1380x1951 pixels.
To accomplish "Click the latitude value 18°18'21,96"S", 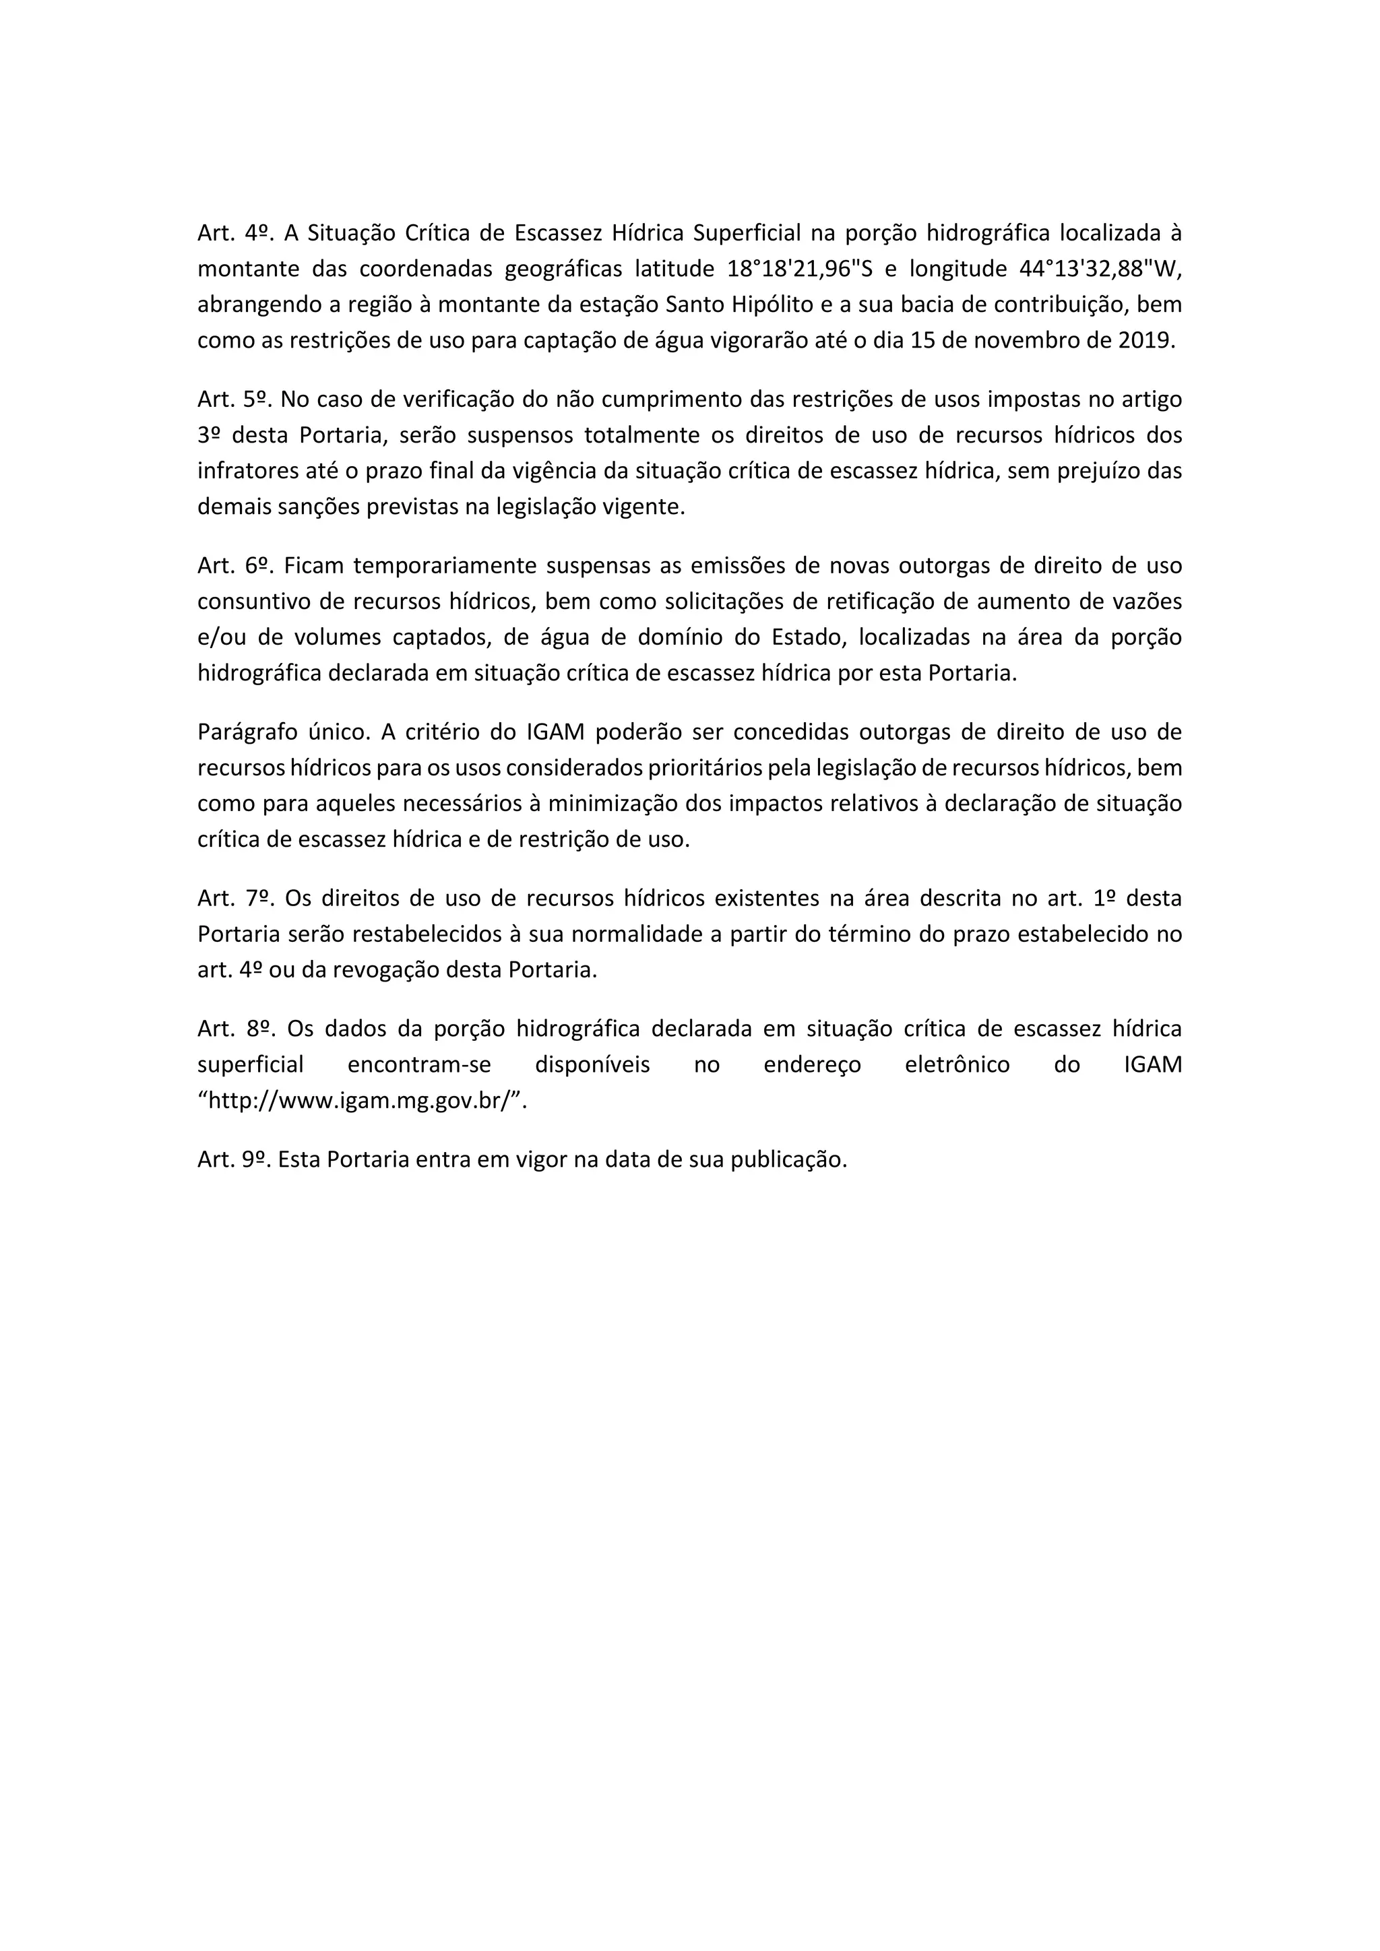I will click(801, 269).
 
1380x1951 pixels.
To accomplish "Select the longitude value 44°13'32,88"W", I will click(1099, 269).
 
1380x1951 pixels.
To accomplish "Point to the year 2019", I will click(1147, 341).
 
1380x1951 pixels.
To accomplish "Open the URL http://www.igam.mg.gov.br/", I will click(363, 1101).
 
